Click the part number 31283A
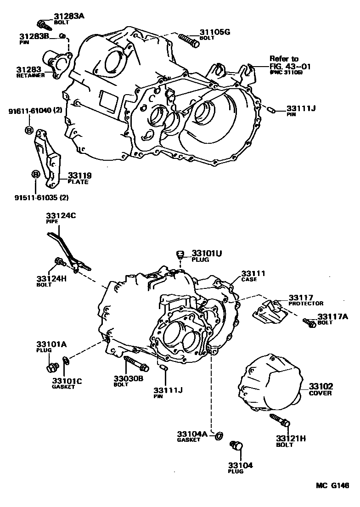pyautogui.click(x=69, y=16)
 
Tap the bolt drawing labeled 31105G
pyautogui.click(x=188, y=39)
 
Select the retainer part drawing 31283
pyautogui.click(x=57, y=63)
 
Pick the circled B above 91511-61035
pyautogui.click(x=35, y=174)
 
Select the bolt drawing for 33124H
pyautogui.click(x=60, y=262)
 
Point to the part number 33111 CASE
pyautogui.click(x=254, y=274)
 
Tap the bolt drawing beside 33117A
pyautogui.click(x=309, y=323)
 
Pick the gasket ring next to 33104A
pyautogui.click(x=219, y=434)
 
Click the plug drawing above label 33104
pyautogui.click(x=236, y=446)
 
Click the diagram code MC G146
pyautogui.click(x=332, y=485)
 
